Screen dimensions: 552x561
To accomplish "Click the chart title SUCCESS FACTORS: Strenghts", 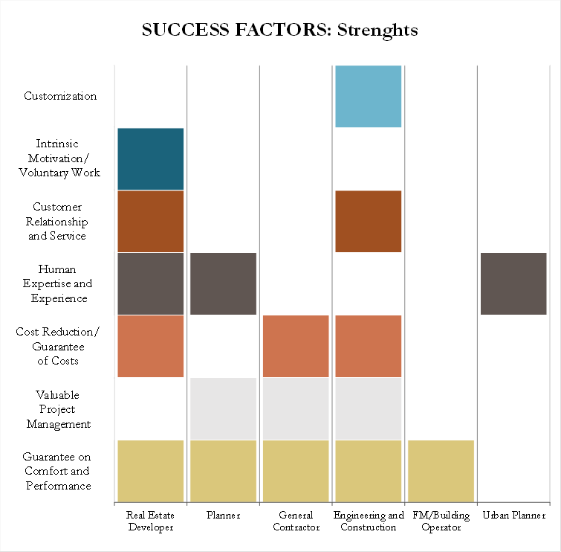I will tap(280, 31).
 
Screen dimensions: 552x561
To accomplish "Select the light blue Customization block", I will tap(369, 96).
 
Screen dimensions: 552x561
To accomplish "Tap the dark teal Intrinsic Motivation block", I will tap(150, 158).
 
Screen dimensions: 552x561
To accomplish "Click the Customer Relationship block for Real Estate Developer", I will tap(150, 221).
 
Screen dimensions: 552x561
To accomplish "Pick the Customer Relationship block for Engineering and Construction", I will tap(369, 221).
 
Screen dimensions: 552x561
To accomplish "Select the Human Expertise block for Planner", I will tap(223, 283).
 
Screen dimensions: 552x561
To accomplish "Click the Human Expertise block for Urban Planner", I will tap(513, 283).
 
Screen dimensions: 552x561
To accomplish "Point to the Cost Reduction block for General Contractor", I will tap(296, 346).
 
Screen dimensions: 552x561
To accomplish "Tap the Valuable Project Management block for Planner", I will tap(223, 408).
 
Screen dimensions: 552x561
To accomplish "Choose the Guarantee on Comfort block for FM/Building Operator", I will tap(441, 471).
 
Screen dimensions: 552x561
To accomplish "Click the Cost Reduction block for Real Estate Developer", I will tap(150, 346).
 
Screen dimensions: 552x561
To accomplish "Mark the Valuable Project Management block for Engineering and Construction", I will tap(369, 408).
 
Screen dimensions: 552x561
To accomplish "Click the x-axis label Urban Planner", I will tap(513, 516).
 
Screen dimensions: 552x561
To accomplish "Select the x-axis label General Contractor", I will tap(296, 521).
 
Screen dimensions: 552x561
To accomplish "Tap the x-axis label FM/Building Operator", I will tap(441, 521).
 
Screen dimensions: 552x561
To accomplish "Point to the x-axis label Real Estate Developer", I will tap(150, 521).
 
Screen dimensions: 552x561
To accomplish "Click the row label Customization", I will tap(60, 96).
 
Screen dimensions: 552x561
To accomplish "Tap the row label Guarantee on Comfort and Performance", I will tap(57, 472).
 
